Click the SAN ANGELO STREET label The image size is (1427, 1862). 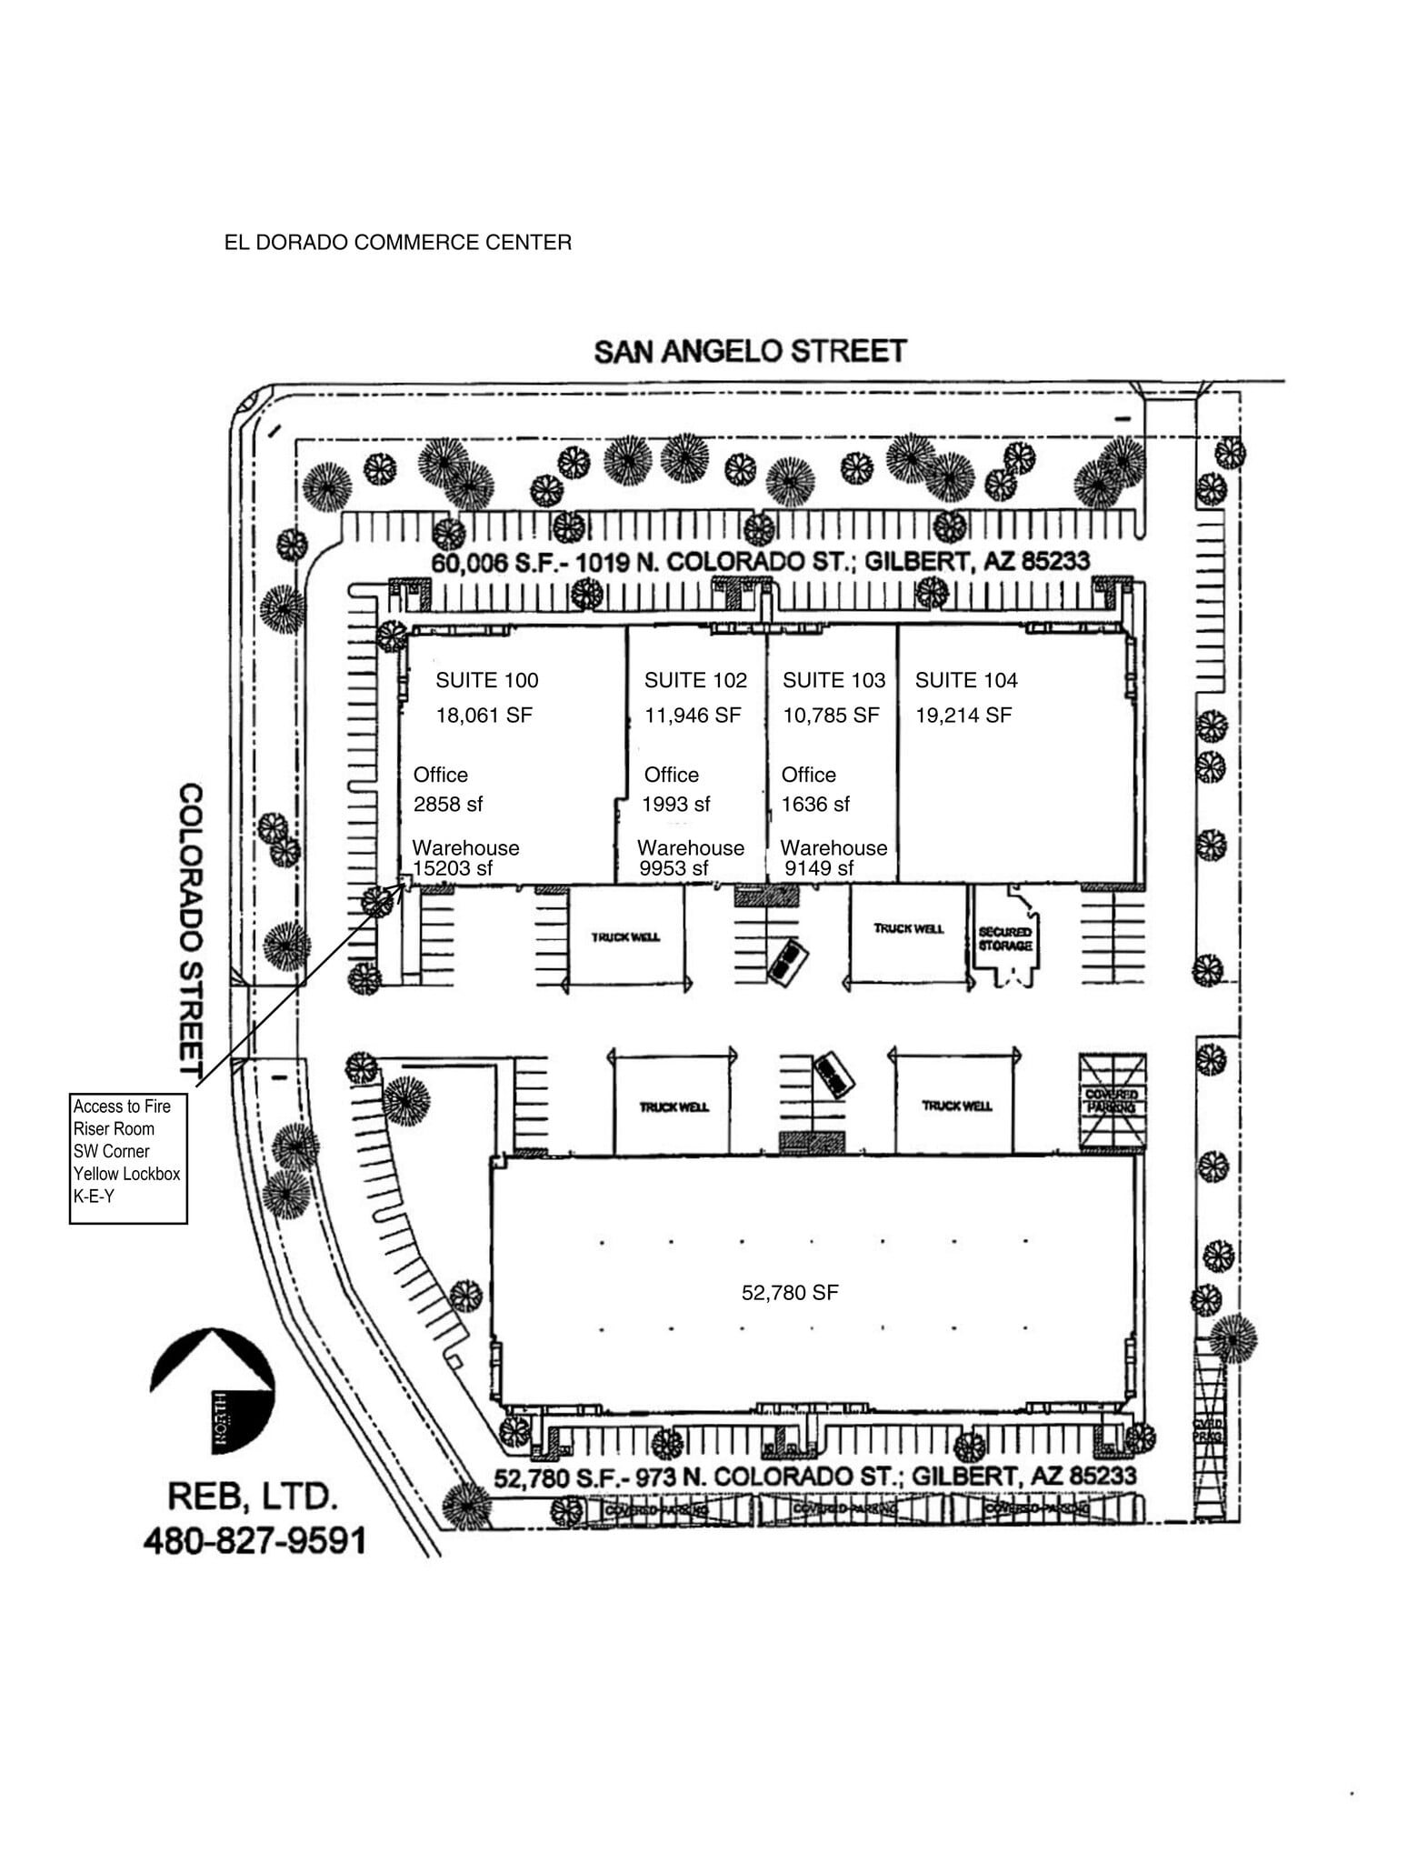point(750,352)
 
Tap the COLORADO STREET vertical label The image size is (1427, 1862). point(190,929)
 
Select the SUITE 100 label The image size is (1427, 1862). point(486,680)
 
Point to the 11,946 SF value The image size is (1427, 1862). point(693,716)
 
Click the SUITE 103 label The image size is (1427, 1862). point(833,680)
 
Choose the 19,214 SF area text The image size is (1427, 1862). point(963,716)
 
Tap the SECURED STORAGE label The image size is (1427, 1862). point(1004,939)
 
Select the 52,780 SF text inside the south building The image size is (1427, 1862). point(789,1292)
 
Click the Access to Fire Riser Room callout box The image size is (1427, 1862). point(128,1158)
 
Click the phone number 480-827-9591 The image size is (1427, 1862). point(254,1540)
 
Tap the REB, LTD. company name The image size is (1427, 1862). point(253,1497)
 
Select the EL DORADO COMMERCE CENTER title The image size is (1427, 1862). point(397,243)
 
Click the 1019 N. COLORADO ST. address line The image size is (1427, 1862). point(760,561)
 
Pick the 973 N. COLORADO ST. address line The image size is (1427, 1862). point(814,1477)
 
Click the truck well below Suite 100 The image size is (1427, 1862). point(625,937)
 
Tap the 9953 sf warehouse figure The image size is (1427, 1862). point(673,868)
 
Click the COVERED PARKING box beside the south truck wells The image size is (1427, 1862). point(1111,1101)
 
